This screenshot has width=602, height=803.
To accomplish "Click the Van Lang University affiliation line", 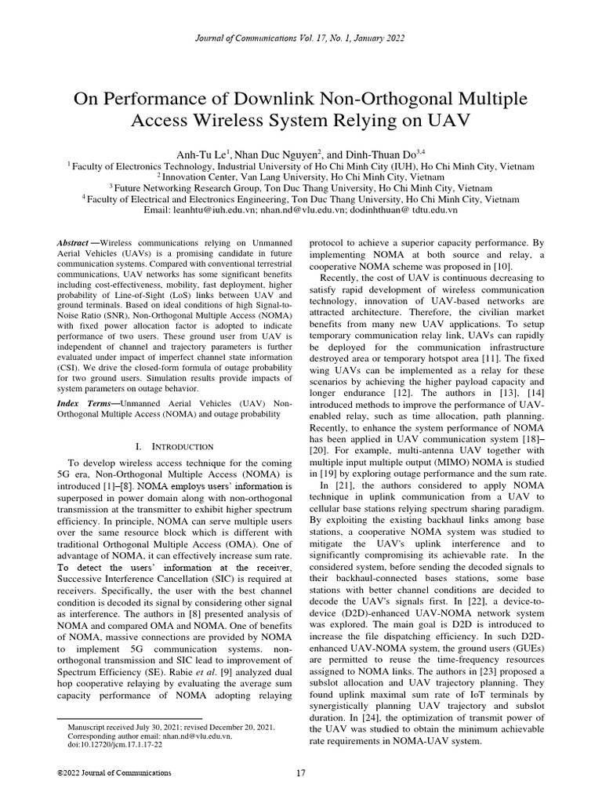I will [301, 177].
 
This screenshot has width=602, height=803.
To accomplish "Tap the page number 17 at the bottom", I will [301, 773].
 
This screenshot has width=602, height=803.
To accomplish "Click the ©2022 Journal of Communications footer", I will [114, 773].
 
